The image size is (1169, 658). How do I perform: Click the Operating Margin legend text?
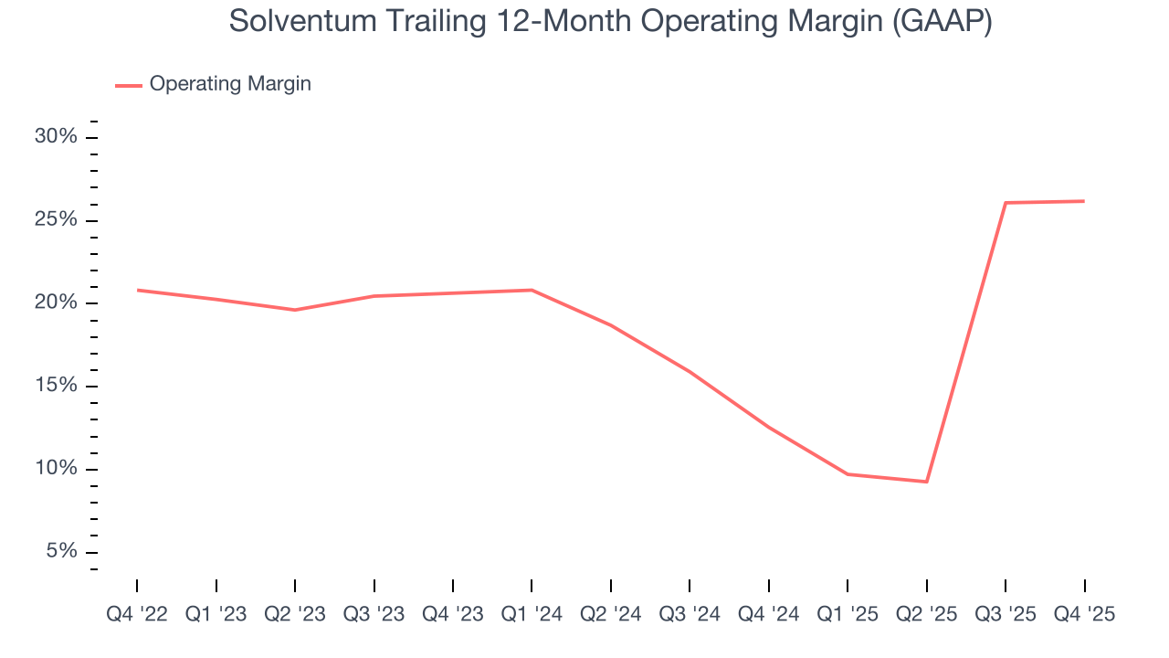point(230,84)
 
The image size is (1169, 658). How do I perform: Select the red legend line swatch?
point(128,85)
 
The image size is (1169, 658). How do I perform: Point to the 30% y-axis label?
point(56,137)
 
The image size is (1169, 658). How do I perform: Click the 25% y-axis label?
point(56,220)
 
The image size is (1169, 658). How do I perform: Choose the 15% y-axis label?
point(56,386)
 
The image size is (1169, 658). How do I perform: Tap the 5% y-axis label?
point(61,552)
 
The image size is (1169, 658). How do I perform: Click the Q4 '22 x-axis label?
point(137,614)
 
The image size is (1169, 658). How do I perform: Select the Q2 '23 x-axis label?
point(295,614)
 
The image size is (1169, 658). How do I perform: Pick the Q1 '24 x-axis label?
point(532,614)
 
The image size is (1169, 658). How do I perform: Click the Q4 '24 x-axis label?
point(768,614)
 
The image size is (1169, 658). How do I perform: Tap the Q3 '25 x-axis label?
point(1006,614)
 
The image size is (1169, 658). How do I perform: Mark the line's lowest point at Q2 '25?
point(927,482)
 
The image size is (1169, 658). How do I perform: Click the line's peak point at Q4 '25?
point(1084,201)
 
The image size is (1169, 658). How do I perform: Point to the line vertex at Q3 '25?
point(1006,203)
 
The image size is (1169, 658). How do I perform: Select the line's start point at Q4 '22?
point(137,290)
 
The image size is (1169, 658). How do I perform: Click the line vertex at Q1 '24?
point(532,290)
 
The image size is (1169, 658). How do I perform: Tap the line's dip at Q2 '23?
point(295,310)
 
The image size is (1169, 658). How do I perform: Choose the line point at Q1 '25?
point(848,473)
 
